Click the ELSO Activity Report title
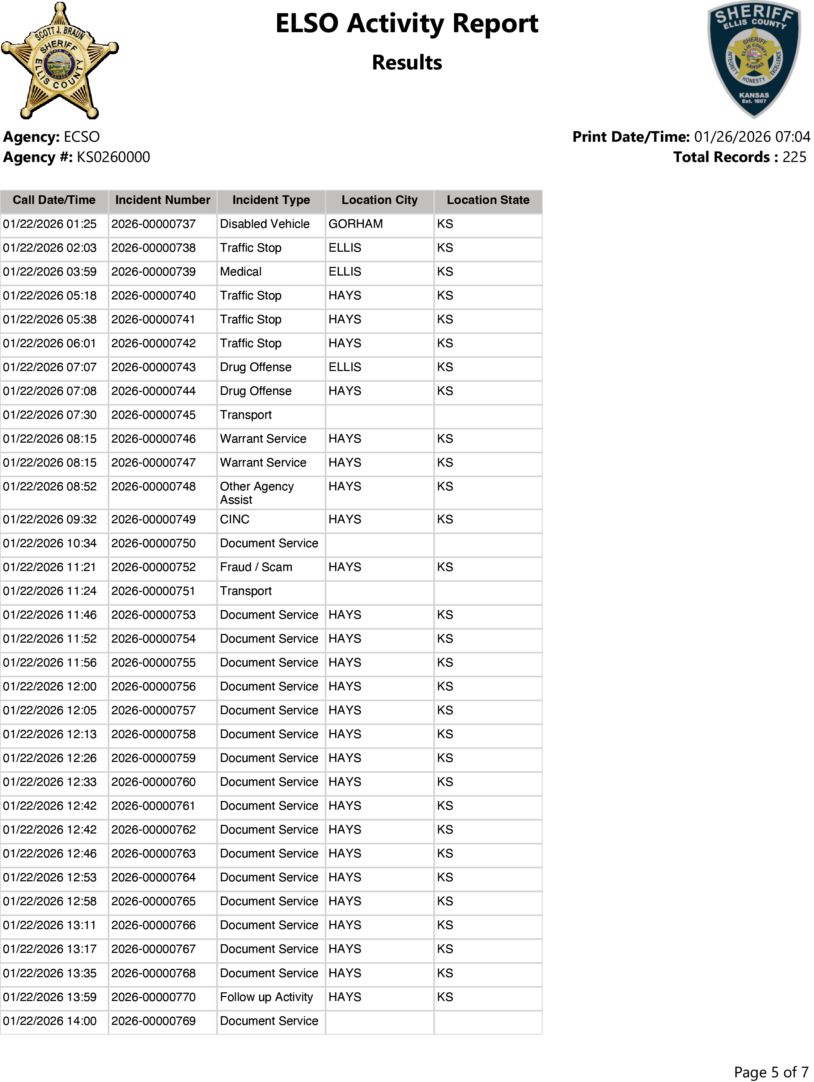(406, 24)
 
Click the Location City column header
(380, 200)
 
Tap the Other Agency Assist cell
(257, 493)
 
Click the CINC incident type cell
(234, 519)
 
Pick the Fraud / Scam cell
(256, 567)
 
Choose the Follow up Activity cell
(266, 997)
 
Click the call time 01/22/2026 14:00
(50, 1021)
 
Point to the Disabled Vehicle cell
(264, 224)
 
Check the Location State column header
(488, 200)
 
